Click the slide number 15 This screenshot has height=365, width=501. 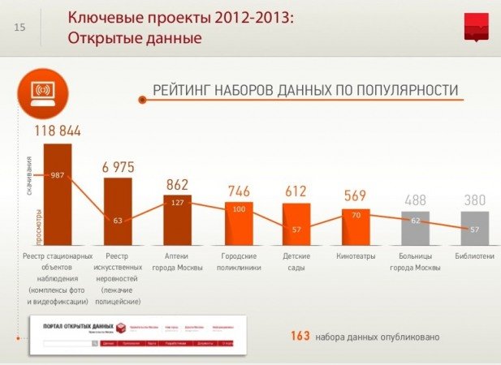pyautogui.click(x=20, y=28)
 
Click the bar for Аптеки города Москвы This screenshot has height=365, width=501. pyautogui.click(x=177, y=219)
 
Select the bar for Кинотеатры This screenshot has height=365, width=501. pyautogui.click(x=356, y=227)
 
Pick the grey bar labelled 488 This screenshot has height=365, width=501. pyautogui.click(x=416, y=229)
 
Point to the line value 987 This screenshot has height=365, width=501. pyautogui.click(x=57, y=174)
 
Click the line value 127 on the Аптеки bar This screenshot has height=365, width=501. pyautogui.click(x=177, y=204)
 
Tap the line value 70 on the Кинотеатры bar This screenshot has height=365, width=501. pyautogui.click(x=356, y=216)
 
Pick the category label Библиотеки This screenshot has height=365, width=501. pyautogui.click(x=475, y=256)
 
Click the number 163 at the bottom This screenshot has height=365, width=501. pyautogui.click(x=300, y=335)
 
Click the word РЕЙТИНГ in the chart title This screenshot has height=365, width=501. pyautogui.click(x=183, y=89)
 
